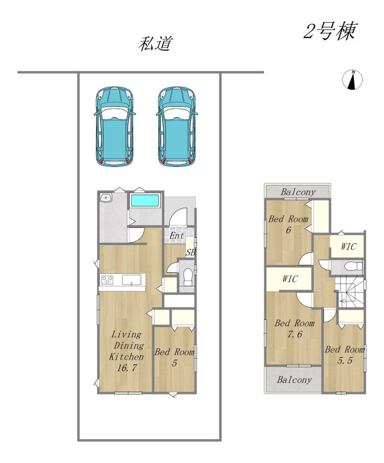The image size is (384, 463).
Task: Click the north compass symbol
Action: point(352,80)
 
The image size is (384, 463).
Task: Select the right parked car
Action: point(177,127)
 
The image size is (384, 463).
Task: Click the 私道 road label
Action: point(155,44)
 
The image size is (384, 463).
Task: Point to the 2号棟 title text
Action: point(330,31)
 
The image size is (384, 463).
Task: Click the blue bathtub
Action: point(145,201)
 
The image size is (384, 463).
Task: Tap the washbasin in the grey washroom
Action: point(105,197)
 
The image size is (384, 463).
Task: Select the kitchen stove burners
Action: point(107,279)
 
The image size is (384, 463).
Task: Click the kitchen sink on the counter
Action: point(132,279)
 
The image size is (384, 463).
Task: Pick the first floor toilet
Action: point(188,277)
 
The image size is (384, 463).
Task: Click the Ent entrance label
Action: point(176,236)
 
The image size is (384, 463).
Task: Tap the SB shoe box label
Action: point(190,252)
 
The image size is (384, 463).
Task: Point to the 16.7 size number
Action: point(127,368)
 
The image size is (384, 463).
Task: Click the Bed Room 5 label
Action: point(174,357)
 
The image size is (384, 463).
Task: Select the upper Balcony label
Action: point(298,192)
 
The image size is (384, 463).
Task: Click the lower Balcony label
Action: point(294,380)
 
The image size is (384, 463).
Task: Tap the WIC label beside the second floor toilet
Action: point(348,246)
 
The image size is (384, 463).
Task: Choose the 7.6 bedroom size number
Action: point(295,334)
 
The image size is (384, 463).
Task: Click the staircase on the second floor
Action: point(350,292)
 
